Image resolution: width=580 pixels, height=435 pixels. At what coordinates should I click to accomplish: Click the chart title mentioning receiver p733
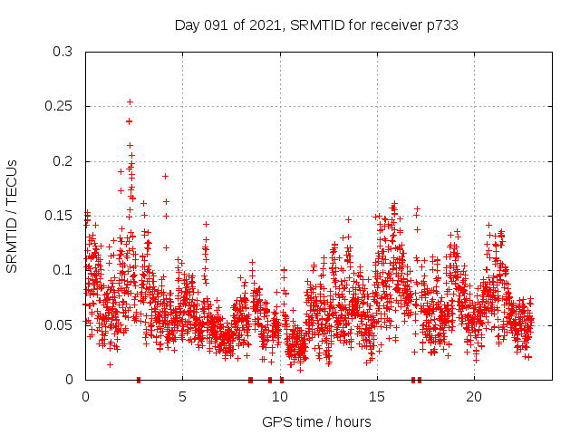[x=315, y=25]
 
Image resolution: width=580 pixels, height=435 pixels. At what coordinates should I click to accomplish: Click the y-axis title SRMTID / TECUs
[x=12, y=216]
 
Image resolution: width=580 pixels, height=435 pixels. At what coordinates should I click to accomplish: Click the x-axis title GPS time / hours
[x=315, y=421]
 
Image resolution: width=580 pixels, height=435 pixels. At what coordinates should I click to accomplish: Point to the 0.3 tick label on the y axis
[x=63, y=52]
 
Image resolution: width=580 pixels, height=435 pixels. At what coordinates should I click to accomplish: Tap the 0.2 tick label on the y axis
[x=63, y=161]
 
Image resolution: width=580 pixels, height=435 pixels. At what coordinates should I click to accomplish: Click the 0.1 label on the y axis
[x=63, y=270]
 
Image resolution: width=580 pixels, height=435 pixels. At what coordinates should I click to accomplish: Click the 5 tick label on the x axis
[x=182, y=397]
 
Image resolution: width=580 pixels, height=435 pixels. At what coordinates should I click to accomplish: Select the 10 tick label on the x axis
[x=279, y=397]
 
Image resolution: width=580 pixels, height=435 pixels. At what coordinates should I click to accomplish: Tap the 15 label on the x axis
[x=376, y=397]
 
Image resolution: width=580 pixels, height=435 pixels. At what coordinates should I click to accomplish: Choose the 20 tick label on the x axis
[x=473, y=397]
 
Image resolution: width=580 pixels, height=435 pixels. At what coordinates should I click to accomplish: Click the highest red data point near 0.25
[x=130, y=102]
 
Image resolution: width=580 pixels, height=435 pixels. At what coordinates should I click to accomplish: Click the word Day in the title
[x=188, y=25]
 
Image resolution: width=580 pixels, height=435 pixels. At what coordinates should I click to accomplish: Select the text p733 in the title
[x=441, y=25]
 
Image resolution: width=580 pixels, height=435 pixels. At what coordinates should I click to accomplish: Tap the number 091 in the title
[x=217, y=25]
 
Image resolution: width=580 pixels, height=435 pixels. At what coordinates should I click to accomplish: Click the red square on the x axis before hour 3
[x=139, y=380]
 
